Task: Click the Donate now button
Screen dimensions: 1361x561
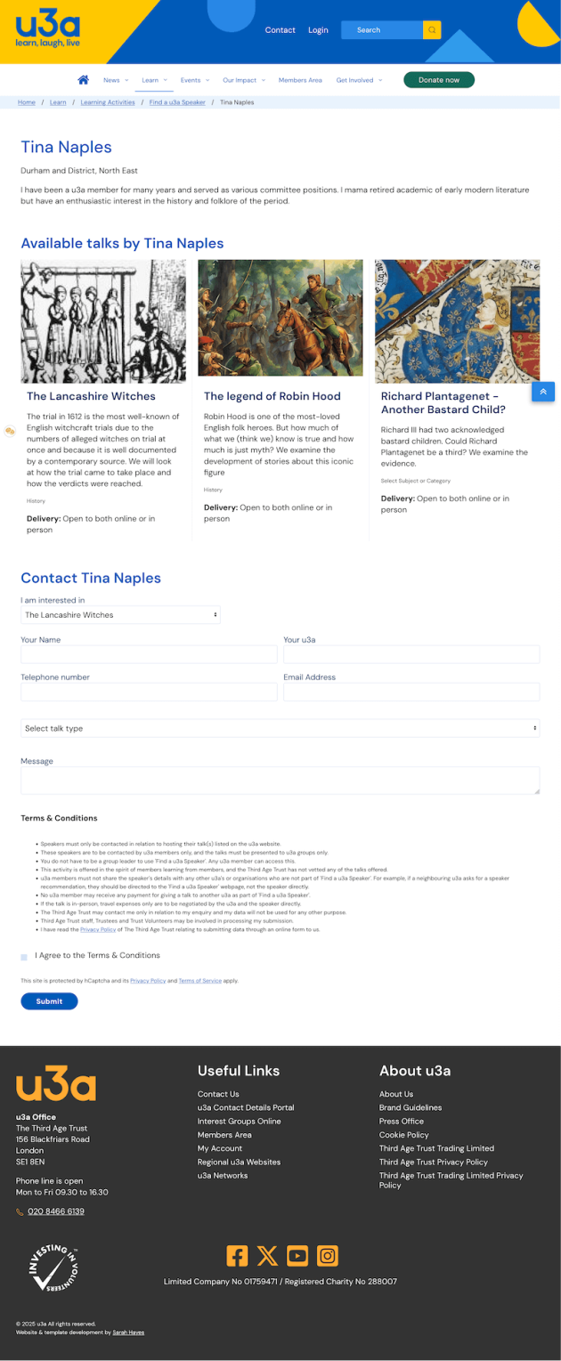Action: (439, 80)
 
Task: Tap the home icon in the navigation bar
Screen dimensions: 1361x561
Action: (84, 80)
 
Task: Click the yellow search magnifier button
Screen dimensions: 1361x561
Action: (432, 30)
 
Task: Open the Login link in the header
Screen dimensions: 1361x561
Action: (318, 30)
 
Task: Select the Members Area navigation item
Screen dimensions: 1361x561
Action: (300, 80)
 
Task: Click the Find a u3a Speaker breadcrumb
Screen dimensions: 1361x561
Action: (177, 102)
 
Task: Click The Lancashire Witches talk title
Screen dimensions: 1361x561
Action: (91, 396)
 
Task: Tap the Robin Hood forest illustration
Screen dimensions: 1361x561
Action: (280, 318)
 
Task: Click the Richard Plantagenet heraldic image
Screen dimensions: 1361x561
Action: (457, 321)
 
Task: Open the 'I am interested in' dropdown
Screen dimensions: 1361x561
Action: (120, 615)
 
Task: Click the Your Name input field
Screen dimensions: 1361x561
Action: (149, 655)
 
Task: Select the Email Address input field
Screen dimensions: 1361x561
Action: (411, 692)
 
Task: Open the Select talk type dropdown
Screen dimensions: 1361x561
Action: (280, 728)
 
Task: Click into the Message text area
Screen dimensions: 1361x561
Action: (280, 781)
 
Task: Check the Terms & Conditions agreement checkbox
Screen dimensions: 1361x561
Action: (24, 957)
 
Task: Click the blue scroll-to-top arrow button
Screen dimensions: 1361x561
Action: (543, 392)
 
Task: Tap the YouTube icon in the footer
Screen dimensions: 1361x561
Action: (297, 1256)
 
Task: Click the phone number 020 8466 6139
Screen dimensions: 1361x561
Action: (56, 1211)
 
